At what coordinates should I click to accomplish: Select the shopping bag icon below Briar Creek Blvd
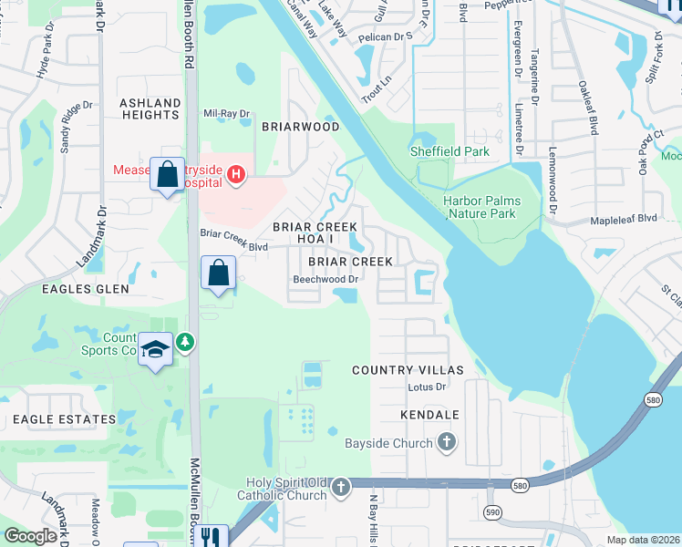(219, 272)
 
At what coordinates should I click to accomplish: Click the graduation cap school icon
(156, 349)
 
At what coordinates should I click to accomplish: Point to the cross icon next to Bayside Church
(446, 443)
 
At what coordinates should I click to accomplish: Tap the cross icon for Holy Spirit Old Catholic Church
(341, 488)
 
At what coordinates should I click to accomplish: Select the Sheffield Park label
(449, 152)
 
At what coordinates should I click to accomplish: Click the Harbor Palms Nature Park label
(482, 207)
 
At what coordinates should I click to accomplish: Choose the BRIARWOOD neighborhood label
(301, 127)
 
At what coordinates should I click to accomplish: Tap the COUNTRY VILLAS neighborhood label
(408, 370)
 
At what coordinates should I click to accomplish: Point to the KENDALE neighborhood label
(429, 415)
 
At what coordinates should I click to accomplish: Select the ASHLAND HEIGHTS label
(150, 108)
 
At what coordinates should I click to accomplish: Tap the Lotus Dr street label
(426, 387)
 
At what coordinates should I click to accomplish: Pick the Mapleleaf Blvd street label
(624, 219)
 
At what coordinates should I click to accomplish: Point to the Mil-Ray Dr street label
(226, 114)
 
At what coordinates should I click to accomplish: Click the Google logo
(31, 535)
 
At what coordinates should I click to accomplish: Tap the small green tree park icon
(186, 342)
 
